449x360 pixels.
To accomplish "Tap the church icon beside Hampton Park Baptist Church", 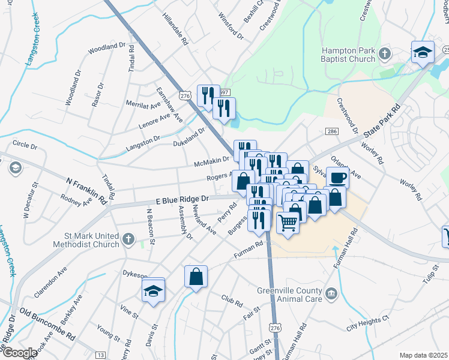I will click(385, 55).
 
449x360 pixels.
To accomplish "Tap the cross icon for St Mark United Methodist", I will click(128, 239).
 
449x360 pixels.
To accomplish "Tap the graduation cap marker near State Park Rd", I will click(423, 53).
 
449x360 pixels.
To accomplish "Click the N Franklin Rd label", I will click(85, 189).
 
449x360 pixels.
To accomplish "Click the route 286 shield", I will click(332, 131).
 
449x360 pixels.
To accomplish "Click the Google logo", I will click(19, 353).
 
